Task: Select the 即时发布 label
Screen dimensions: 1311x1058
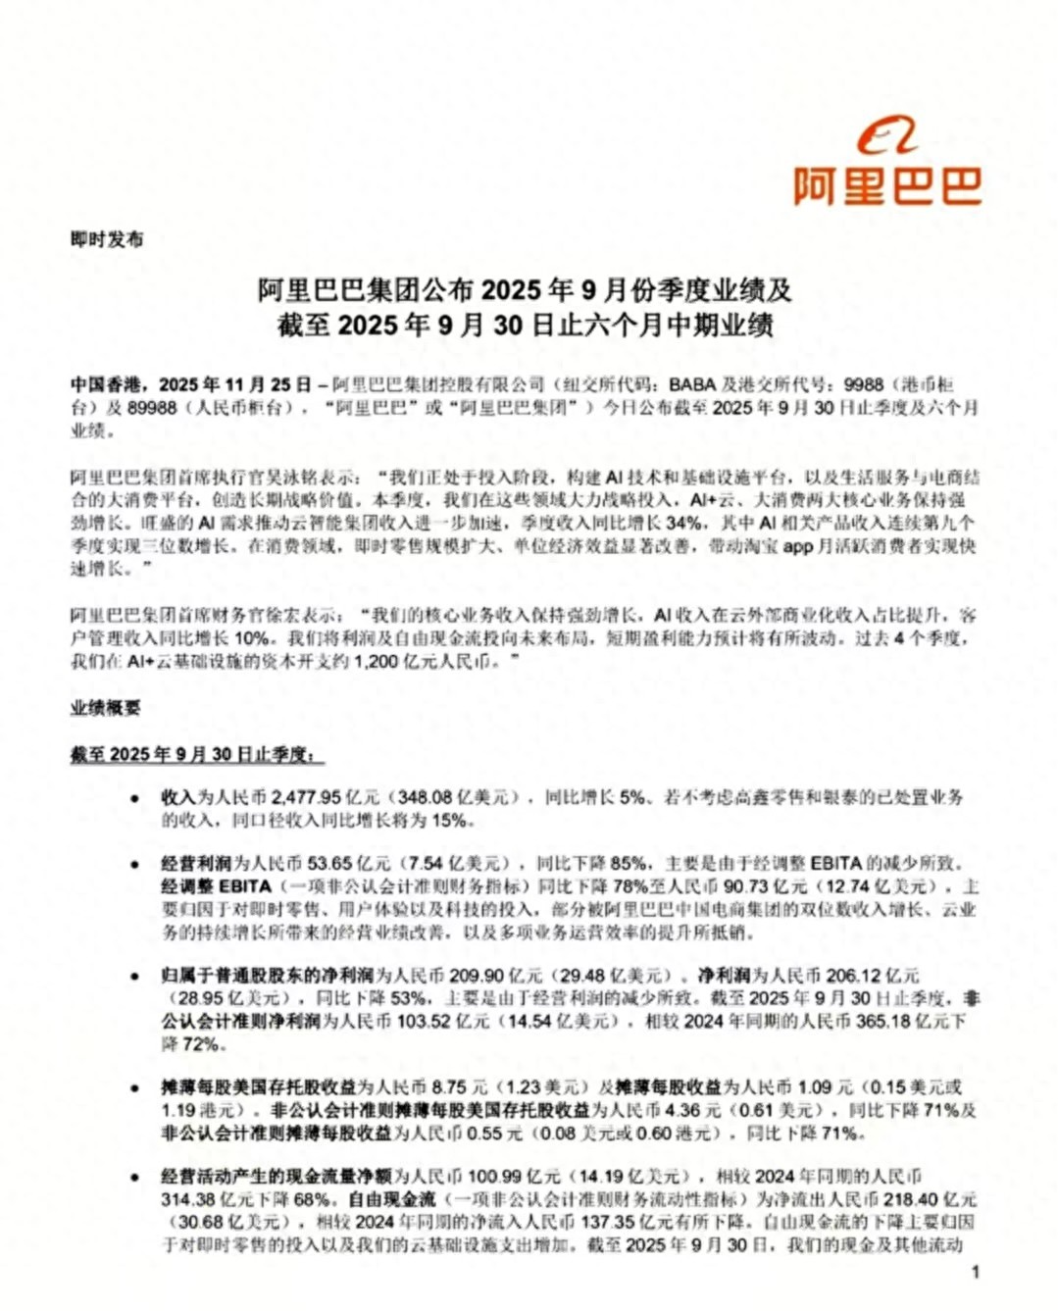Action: (108, 239)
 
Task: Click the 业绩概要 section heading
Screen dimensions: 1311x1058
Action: (105, 708)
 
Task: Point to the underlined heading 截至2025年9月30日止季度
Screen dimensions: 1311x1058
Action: (196, 754)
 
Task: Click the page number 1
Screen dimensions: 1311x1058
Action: (975, 1272)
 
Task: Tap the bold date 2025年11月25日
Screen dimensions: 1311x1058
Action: (235, 384)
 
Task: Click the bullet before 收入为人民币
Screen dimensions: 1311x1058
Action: (134, 798)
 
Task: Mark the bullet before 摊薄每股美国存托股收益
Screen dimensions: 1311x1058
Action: (134, 1088)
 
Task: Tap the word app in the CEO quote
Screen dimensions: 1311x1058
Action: (797, 546)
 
